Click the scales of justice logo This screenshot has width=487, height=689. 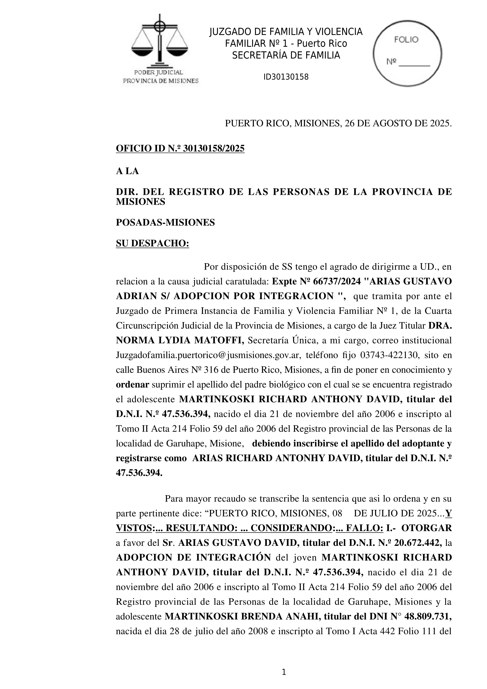pos(160,40)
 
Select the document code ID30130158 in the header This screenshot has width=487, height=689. pos(286,77)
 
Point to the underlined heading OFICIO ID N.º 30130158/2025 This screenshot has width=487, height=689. pos(180,148)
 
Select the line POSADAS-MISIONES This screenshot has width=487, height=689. pos(165,222)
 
